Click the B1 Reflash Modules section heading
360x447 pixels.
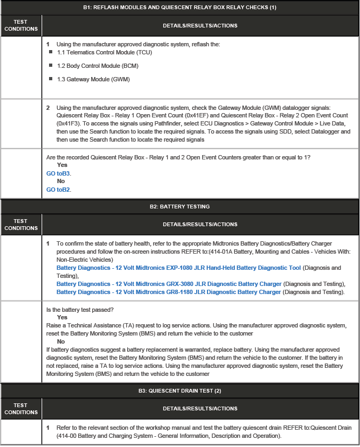[179, 8]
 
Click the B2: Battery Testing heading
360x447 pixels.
[179, 206]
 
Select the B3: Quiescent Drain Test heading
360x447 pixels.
[179, 390]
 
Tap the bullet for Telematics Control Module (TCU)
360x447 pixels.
[51, 52]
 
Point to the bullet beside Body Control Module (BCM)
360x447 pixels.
[51, 66]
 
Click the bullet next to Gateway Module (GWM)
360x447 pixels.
[51, 79]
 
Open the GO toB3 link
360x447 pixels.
[59, 173]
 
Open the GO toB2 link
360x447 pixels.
[59, 190]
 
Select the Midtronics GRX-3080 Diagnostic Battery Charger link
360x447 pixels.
[169, 284]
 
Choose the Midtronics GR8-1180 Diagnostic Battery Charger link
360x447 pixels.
[169, 292]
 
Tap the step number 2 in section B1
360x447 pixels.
[48, 108]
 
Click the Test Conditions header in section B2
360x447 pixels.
[20, 225]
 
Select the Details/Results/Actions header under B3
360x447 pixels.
[200, 408]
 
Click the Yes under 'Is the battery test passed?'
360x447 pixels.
[62, 318]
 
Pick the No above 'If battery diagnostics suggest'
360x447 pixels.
[61, 341]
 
